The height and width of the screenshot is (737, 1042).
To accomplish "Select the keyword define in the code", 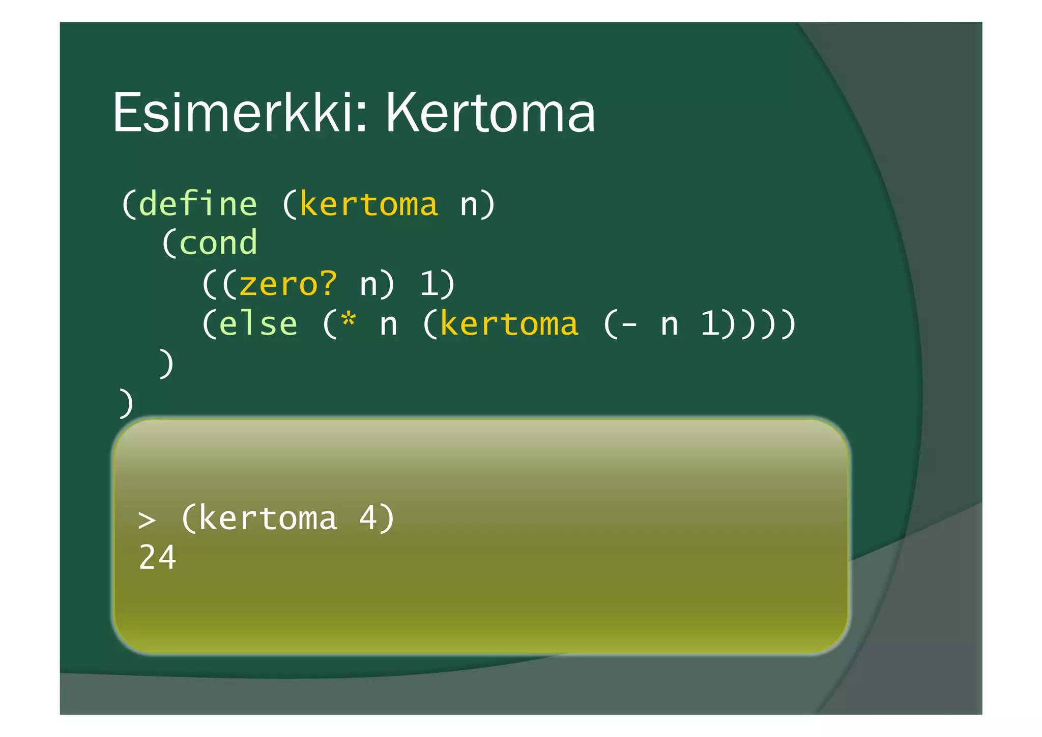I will tap(198, 205).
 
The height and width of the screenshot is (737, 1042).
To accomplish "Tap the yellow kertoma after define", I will tap(368, 205).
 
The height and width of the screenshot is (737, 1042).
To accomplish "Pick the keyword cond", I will tap(218, 243).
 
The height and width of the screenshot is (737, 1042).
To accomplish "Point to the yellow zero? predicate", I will tap(288, 284).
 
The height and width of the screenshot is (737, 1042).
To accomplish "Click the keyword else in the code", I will tap(258, 324).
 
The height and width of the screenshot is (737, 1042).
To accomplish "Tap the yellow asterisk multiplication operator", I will tap(349, 321).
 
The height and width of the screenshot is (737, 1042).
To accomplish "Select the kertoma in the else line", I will tap(509, 324).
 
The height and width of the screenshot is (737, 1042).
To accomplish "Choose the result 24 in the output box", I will tap(157, 558).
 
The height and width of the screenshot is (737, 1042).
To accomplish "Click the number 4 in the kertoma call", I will tap(368, 518).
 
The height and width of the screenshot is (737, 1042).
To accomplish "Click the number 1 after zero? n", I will tap(429, 284).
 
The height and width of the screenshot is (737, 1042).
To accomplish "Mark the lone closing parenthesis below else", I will tap(166, 364).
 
